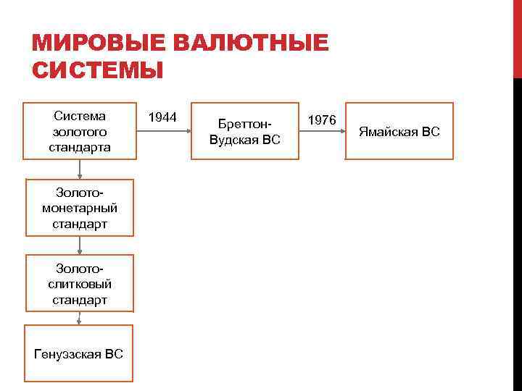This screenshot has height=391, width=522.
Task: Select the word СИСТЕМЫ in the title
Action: tap(98, 72)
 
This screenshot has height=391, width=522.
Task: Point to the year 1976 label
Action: tap(322, 119)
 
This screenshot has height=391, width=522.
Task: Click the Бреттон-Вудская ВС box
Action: tap(244, 131)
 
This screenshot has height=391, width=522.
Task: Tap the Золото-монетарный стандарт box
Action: tap(80, 208)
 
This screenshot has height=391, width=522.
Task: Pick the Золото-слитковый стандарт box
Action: tap(80, 283)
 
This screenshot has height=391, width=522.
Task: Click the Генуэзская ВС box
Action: tap(79, 353)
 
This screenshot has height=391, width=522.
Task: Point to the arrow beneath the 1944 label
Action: tap(162, 131)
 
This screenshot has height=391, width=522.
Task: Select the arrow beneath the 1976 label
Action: tap(322, 131)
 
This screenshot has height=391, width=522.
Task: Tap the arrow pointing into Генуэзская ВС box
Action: tap(80, 319)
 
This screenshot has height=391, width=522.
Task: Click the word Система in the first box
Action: tap(80, 116)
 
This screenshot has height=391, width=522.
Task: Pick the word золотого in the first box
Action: tap(80, 132)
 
